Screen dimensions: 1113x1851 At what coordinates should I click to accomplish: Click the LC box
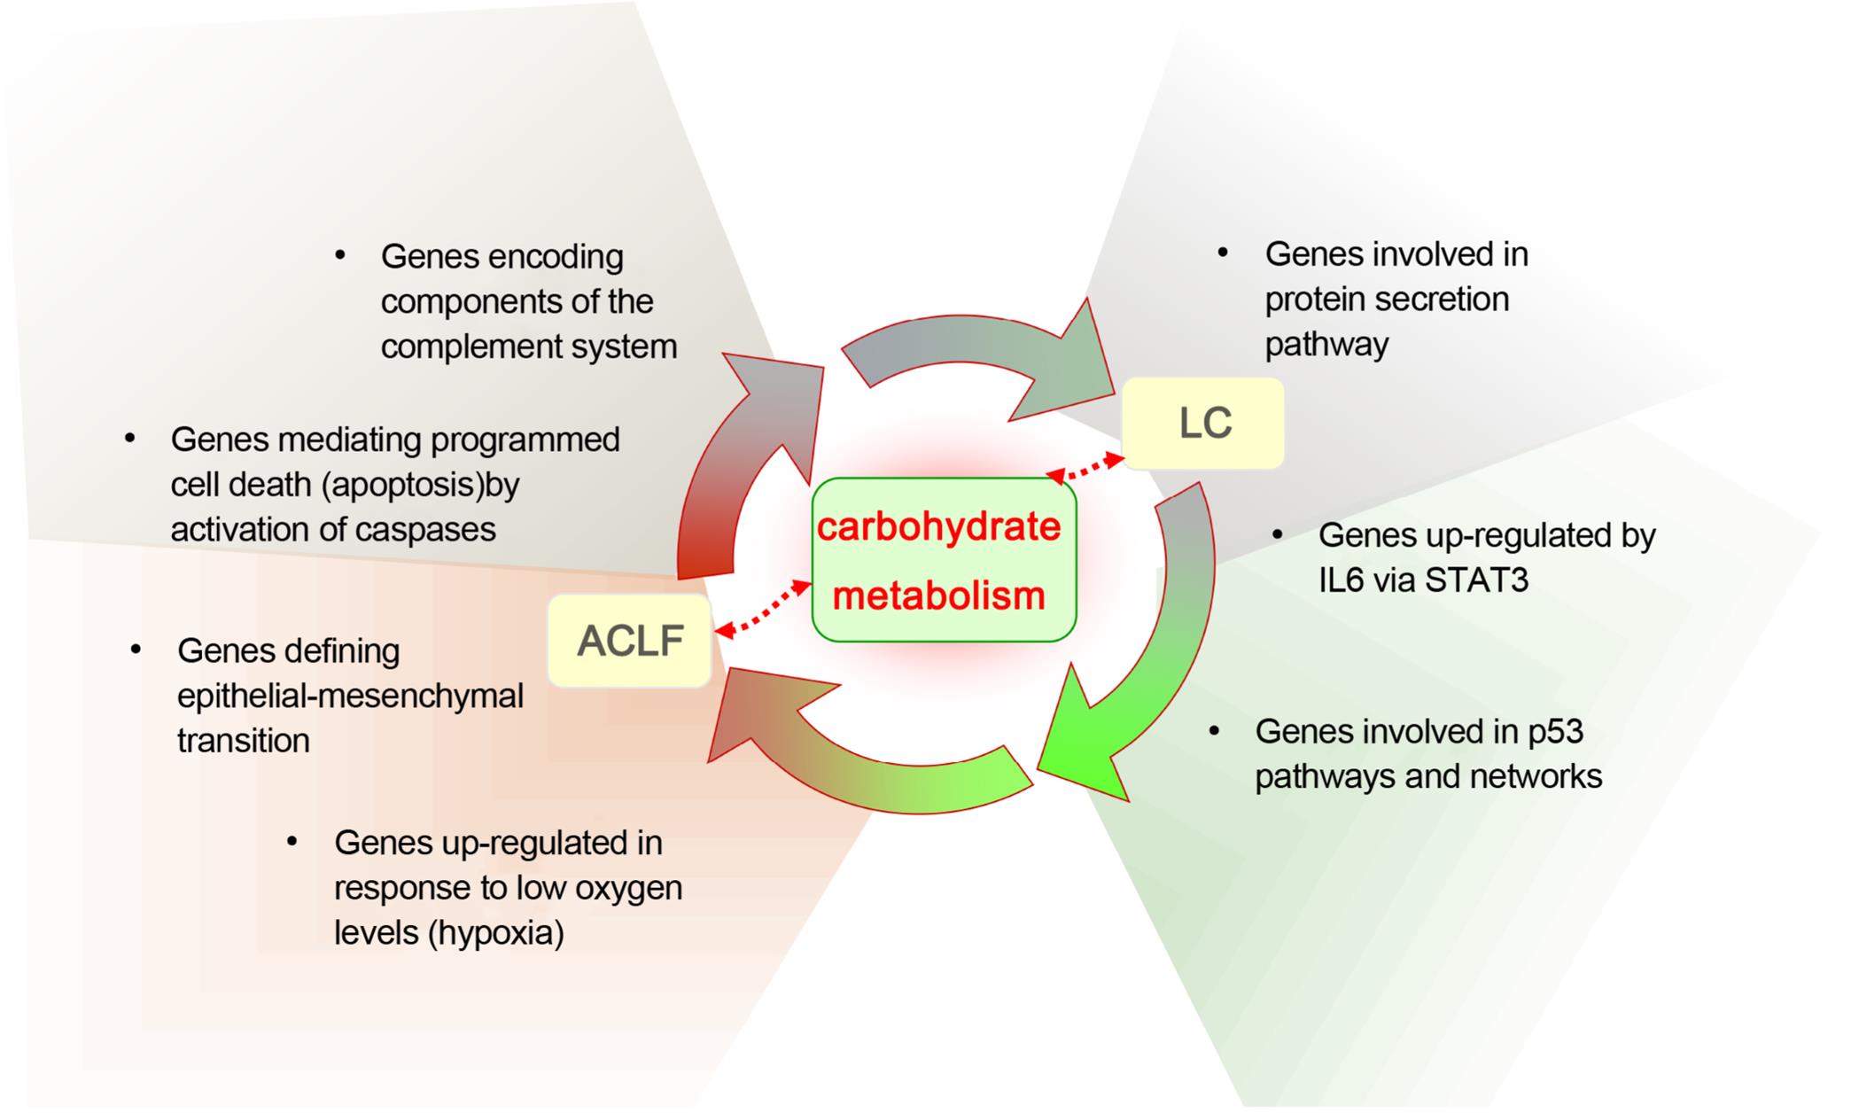tap(1202, 424)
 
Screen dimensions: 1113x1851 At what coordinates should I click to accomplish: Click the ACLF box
tap(630, 641)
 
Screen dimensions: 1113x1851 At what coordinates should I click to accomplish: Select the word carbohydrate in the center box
tap(938, 526)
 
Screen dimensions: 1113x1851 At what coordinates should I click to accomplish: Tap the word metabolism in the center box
tap(938, 595)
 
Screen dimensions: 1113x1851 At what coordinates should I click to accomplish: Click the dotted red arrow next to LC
tap(1086, 467)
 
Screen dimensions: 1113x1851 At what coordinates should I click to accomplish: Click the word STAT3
tap(1476, 580)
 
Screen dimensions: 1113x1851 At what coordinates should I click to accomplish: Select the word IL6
tap(1344, 580)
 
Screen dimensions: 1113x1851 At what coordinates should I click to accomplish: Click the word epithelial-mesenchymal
tap(350, 696)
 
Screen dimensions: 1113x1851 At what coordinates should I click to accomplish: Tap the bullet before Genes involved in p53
tap(1214, 731)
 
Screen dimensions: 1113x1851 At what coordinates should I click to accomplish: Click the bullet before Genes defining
tap(136, 650)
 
